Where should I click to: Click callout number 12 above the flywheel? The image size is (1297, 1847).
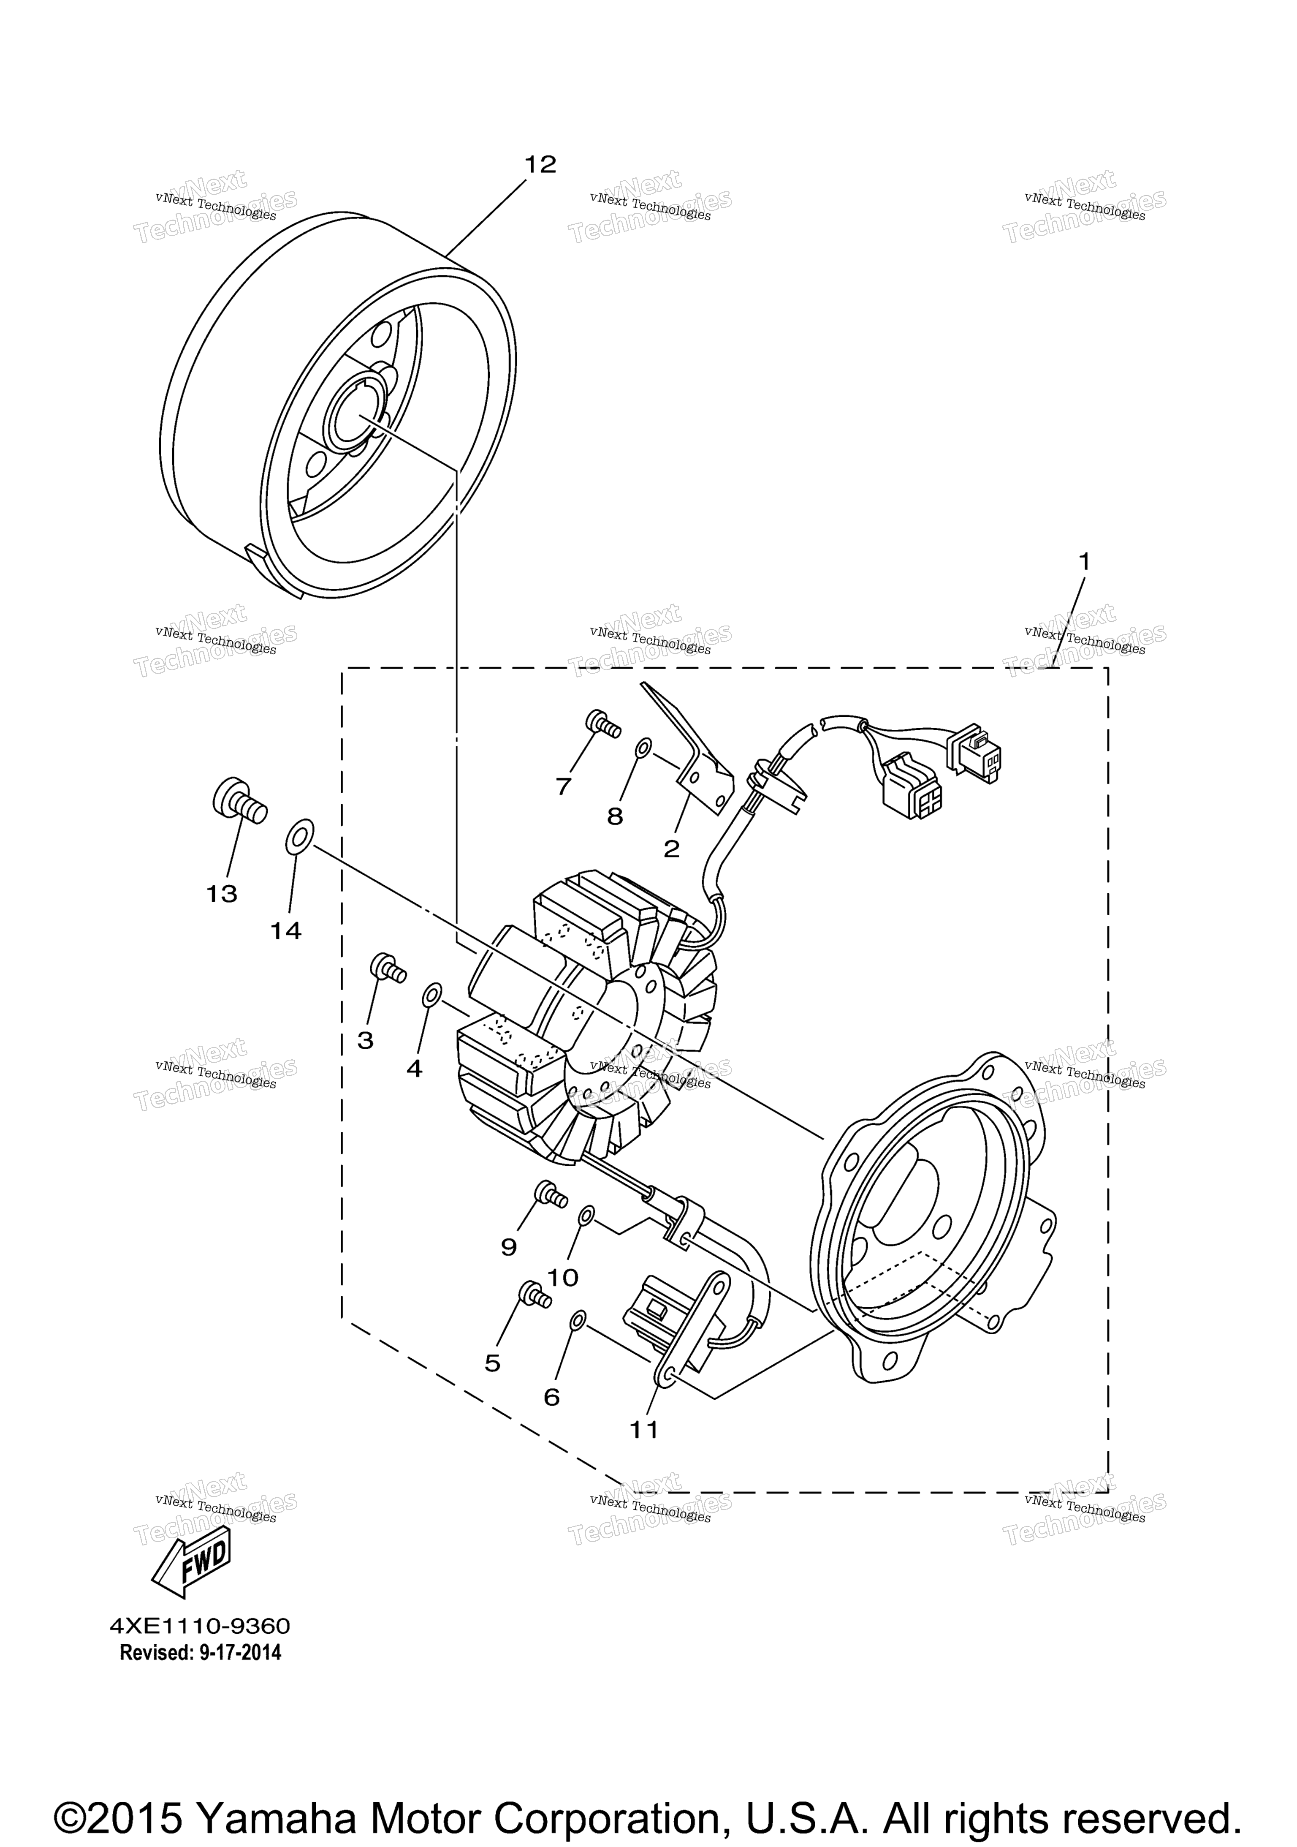click(540, 164)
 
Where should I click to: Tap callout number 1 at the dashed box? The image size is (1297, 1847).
click(1084, 561)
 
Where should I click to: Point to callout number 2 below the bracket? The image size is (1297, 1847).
click(671, 848)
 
